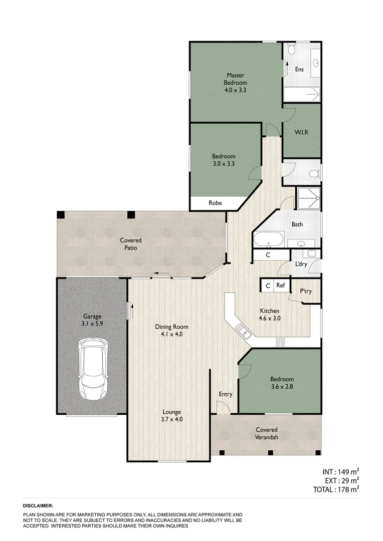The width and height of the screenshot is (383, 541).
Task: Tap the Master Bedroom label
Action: (x=235, y=79)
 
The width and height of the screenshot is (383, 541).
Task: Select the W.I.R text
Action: (x=301, y=133)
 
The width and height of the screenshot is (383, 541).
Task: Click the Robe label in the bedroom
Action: (x=215, y=203)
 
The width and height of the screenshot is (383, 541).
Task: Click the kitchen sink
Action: (x=243, y=330)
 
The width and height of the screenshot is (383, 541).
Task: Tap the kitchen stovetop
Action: (x=281, y=343)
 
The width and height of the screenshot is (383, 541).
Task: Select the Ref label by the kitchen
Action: (x=281, y=286)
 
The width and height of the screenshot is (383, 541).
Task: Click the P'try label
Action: (x=306, y=291)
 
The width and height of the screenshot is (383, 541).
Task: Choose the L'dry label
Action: (x=301, y=264)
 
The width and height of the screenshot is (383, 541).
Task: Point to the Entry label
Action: (x=226, y=394)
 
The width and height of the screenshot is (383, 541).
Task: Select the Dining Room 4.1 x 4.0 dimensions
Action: (x=171, y=334)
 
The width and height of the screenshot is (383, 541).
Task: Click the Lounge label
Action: (x=171, y=412)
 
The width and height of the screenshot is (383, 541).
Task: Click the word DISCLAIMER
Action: (x=38, y=506)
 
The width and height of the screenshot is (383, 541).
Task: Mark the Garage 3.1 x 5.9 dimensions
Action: (x=92, y=324)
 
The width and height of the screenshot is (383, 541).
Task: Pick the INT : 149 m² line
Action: (x=340, y=471)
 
